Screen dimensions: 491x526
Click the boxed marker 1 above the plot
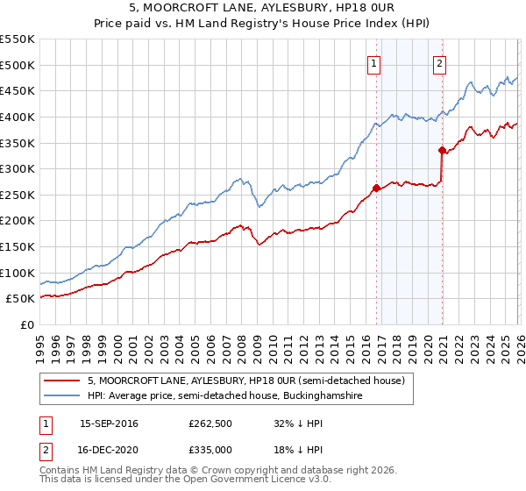[374, 62]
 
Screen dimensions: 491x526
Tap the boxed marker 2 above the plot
[439, 62]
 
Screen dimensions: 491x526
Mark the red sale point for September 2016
[376, 188]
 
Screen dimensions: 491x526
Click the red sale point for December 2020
[443, 150]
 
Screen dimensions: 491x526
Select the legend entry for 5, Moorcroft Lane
[245, 381]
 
